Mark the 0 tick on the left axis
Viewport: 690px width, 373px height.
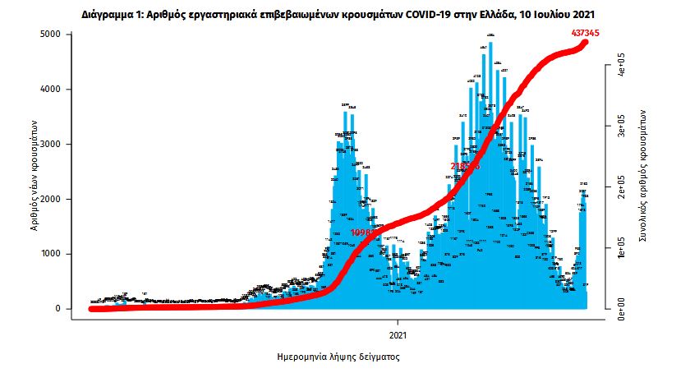click(x=57, y=309)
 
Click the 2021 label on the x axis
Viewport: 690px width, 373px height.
click(x=398, y=335)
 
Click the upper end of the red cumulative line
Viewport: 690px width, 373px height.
click(x=584, y=42)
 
